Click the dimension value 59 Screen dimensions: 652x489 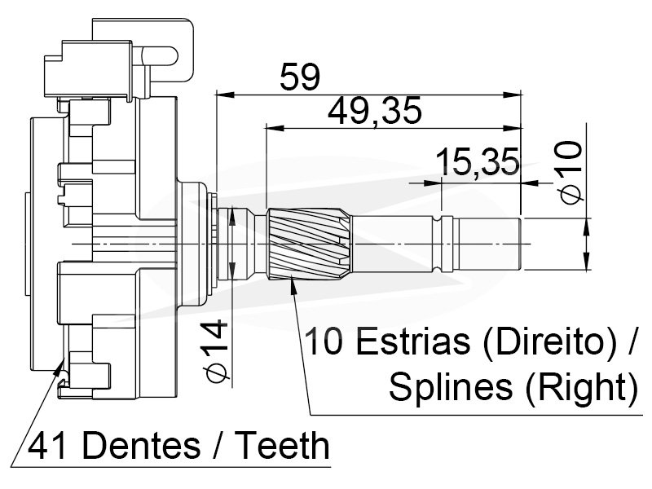coord(300,77)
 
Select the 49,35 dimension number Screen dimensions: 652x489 coord(375,111)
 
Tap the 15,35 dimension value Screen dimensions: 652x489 coord(478,161)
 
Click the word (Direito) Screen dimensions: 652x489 coord(549,341)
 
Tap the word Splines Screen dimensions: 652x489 coord(451,386)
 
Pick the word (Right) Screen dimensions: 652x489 coord(581,388)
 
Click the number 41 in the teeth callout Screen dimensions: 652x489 coord(47,445)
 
